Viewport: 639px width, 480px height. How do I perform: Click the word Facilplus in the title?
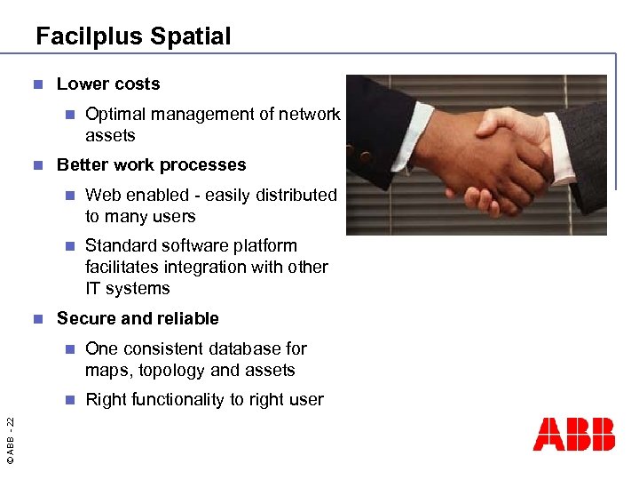[x=90, y=36]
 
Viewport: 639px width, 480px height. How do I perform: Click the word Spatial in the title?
[x=191, y=36]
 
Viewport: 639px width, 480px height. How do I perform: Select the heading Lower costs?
[x=108, y=84]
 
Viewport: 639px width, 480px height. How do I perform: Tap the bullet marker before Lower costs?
[x=37, y=85]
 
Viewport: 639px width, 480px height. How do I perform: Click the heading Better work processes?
[x=151, y=165]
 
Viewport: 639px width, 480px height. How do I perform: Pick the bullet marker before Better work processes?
[x=37, y=166]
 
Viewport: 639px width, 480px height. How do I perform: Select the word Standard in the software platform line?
[x=120, y=245]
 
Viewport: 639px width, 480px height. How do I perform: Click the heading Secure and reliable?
[x=138, y=318]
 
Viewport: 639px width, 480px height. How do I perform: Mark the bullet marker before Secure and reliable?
[x=37, y=319]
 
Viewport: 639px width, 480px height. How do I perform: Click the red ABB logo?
[x=573, y=434]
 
